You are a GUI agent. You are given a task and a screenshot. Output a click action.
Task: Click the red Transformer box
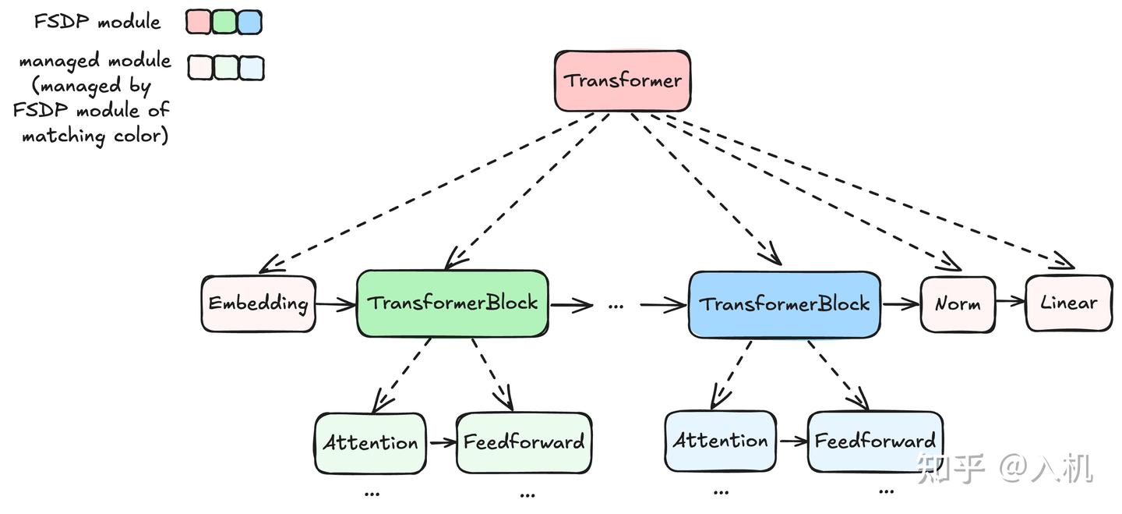[622, 80]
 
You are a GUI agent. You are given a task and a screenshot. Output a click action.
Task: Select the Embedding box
[258, 303]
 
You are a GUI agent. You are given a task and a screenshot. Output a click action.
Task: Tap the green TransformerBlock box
[453, 303]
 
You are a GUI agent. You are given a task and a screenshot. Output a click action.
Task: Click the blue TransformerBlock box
[784, 304]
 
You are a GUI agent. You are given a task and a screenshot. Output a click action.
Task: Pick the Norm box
[957, 304]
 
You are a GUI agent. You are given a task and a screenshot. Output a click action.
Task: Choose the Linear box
[1068, 303]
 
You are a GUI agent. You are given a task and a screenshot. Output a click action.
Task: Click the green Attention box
[370, 443]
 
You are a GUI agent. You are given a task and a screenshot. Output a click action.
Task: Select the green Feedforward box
[524, 443]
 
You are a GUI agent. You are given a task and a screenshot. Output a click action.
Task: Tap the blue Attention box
[720, 441]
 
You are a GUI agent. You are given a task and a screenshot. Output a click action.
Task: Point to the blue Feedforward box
[874, 441]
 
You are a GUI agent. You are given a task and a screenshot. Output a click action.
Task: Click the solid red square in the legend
[198, 23]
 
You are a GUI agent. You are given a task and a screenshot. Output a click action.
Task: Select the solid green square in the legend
[224, 23]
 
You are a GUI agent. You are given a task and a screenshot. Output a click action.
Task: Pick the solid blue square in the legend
[249, 23]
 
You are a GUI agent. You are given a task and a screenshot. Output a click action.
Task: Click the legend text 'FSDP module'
[97, 22]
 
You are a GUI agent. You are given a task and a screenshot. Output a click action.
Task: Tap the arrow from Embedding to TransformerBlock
[336, 304]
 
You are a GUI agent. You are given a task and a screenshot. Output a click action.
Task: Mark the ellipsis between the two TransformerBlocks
[616, 306]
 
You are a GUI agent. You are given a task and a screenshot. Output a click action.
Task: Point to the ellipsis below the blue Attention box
[721, 492]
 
